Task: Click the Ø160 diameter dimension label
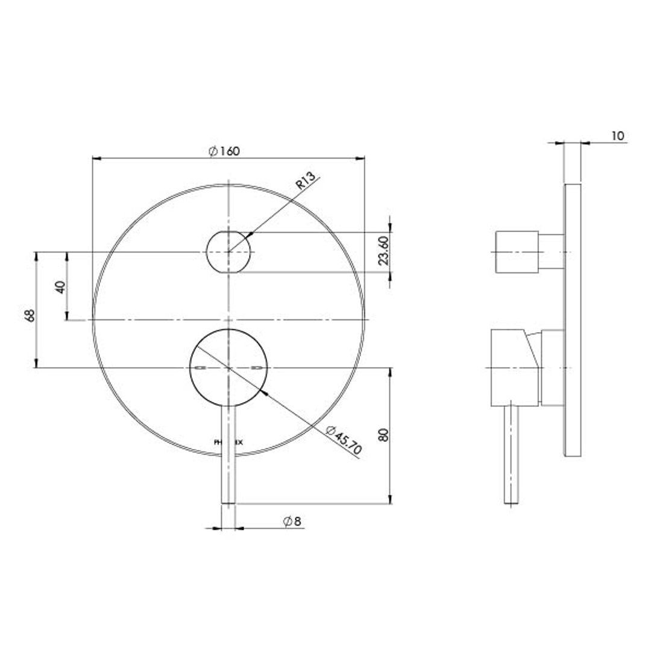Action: pyautogui.click(x=224, y=151)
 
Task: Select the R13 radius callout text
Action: pyautogui.click(x=306, y=181)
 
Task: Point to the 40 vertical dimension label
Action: pyautogui.click(x=60, y=286)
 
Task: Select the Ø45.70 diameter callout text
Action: pyautogui.click(x=344, y=440)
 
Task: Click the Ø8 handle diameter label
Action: pyautogui.click(x=292, y=521)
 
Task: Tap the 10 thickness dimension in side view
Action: pyautogui.click(x=617, y=136)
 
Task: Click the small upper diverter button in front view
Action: pyautogui.click(x=228, y=251)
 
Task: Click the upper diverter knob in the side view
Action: pyautogui.click(x=516, y=251)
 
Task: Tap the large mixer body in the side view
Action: pyautogui.click(x=512, y=368)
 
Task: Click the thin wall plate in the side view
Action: pyautogui.click(x=573, y=319)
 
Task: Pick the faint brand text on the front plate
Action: pyautogui.click(x=229, y=442)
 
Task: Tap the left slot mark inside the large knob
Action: pyautogui.click(x=200, y=368)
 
